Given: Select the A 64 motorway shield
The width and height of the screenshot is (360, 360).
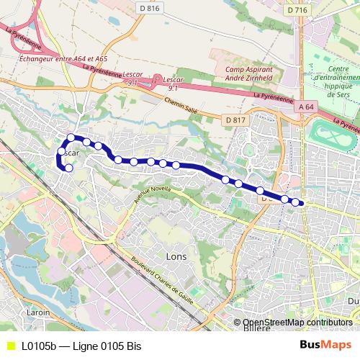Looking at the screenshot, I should pos(305,106).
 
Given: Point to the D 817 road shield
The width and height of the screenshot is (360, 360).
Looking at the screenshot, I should pos(235,120).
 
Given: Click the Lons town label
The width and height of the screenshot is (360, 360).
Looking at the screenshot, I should pos(176,256).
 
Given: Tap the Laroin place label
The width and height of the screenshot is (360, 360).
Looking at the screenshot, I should pos(37,312).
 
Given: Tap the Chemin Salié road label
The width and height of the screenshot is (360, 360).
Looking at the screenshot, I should pos(181,108).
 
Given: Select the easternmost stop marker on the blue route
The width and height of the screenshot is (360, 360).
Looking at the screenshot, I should pos(295,202).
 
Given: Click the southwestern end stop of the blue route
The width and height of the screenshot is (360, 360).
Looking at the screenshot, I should pos(69,168).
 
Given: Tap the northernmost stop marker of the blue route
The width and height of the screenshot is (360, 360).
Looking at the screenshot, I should pos(71,138).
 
